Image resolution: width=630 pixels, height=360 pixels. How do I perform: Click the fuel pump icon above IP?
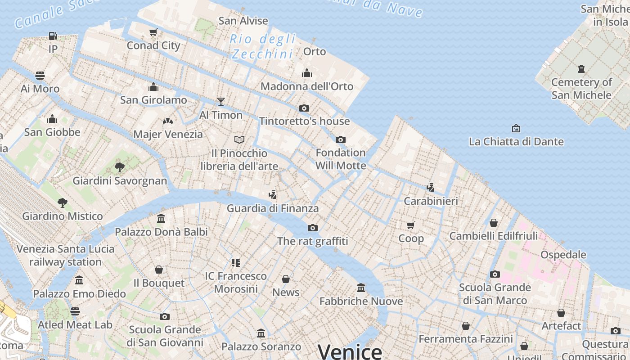(x=53, y=36)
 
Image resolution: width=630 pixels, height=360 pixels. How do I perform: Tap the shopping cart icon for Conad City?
(x=153, y=32)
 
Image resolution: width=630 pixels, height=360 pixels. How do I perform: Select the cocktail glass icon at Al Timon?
(x=220, y=101)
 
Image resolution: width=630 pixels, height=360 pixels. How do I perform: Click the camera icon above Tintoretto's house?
(x=304, y=108)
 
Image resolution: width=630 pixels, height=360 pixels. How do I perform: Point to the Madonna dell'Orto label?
(x=307, y=86)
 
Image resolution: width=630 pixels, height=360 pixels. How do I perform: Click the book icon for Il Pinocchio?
(x=239, y=139)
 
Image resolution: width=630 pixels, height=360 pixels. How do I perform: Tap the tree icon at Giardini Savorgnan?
(x=120, y=167)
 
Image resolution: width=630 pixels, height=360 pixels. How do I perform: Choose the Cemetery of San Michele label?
(x=581, y=89)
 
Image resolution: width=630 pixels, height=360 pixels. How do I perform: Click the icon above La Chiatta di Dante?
(x=516, y=128)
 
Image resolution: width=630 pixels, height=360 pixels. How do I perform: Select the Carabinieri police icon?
(x=431, y=187)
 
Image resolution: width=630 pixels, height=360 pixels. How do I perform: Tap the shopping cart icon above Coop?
(x=410, y=225)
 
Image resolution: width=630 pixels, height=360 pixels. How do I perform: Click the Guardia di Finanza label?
(x=273, y=208)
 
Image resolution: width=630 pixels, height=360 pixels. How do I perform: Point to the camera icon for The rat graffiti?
(x=313, y=228)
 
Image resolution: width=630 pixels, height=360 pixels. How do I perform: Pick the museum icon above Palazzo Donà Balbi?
(x=161, y=219)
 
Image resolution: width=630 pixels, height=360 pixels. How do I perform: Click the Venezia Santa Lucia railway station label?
(x=66, y=255)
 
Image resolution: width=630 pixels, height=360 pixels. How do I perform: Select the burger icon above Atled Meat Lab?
(x=75, y=311)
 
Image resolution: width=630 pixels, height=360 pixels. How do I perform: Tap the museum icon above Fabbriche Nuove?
(x=361, y=288)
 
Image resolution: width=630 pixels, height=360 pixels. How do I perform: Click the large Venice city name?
(x=350, y=351)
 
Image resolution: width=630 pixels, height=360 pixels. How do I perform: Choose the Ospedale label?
(x=563, y=255)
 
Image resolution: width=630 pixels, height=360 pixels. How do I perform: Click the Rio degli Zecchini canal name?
(x=262, y=46)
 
